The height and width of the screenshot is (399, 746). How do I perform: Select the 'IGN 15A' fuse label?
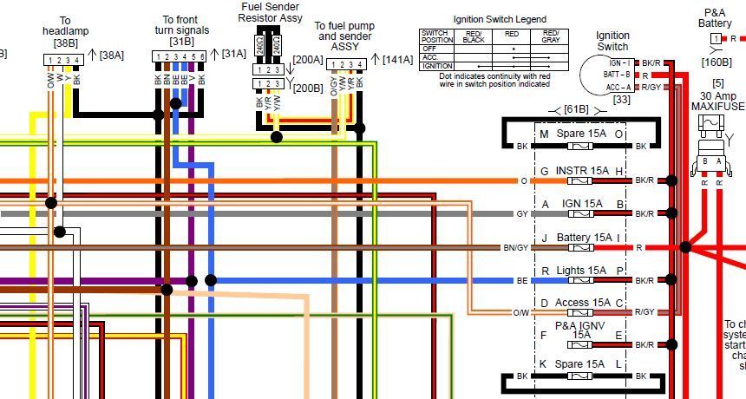[x=582, y=204]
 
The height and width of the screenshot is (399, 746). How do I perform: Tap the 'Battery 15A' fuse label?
[x=584, y=237]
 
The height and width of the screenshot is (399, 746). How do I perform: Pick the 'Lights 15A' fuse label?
[x=581, y=271]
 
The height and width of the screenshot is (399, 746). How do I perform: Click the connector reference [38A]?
[x=112, y=54]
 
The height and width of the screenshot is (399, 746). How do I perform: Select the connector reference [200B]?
[x=307, y=88]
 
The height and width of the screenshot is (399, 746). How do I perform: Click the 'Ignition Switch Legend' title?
[x=500, y=19]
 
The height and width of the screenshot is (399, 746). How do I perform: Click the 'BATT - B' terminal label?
[x=617, y=75]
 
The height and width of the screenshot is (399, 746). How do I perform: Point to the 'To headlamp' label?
[x=65, y=25]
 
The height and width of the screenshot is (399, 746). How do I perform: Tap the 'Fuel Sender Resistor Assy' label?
[x=272, y=12]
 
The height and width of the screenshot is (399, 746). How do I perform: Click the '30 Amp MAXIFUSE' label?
[x=717, y=101]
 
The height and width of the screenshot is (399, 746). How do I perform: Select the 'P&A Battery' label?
[x=715, y=18]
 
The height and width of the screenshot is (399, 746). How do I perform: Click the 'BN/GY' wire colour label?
[x=514, y=247]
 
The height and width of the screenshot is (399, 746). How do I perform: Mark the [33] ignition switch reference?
[x=621, y=100]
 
